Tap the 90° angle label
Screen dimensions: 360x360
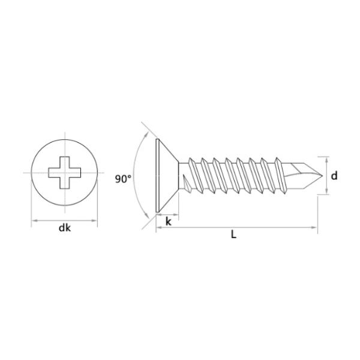coord(122,178)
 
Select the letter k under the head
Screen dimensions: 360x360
coord(169,221)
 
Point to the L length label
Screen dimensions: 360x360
coord(233,235)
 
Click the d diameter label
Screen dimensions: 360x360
coord(334,175)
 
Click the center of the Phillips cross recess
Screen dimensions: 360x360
coord(63,173)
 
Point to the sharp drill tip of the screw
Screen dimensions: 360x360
coord(316,175)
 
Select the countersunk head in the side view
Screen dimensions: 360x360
coord(165,175)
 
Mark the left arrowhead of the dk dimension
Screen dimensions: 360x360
coord(34,221)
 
